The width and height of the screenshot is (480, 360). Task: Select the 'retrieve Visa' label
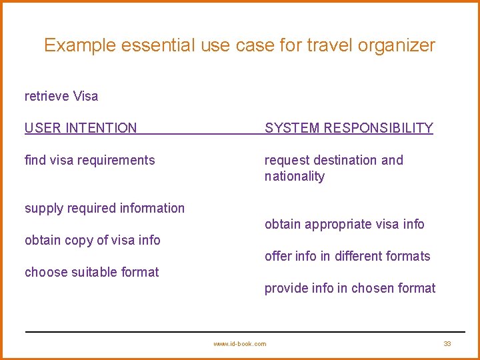click(61, 96)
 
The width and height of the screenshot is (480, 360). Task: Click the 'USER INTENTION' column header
click(81, 128)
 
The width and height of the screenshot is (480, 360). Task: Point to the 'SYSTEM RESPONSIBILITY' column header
click(349, 128)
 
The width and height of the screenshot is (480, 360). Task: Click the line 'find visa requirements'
click(89, 160)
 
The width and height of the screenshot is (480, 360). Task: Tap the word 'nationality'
click(295, 176)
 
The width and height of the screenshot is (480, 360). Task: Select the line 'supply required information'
click(105, 208)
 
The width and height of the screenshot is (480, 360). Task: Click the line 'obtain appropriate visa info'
click(344, 224)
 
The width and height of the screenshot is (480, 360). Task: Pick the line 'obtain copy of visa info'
click(93, 240)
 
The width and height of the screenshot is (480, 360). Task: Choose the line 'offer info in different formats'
click(347, 256)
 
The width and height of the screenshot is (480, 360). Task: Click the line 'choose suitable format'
click(92, 272)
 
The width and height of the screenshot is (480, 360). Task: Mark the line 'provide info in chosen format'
click(350, 288)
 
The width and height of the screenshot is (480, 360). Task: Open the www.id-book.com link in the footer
click(239, 343)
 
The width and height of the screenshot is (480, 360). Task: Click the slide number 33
click(447, 343)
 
